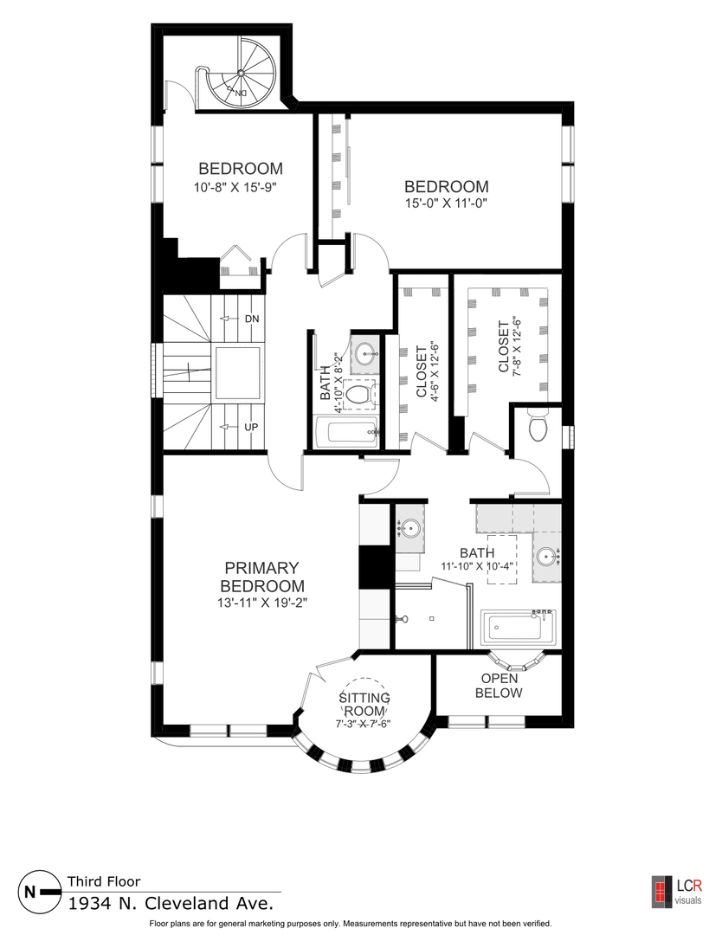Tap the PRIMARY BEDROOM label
click(262, 577)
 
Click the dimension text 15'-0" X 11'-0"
click(446, 203)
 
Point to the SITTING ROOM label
click(364, 704)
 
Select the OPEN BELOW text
click(499, 686)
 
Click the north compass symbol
click(40, 892)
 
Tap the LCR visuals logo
click(677, 892)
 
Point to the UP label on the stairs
click(251, 427)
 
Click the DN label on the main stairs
click(252, 319)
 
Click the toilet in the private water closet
click(538, 426)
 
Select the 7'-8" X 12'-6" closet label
click(509, 347)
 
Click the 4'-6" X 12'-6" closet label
click(427, 372)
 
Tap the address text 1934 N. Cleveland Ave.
click(171, 903)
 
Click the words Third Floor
click(104, 881)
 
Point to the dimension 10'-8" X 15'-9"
click(235, 187)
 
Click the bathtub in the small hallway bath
click(345, 434)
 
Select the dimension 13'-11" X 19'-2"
click(261, 603)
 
